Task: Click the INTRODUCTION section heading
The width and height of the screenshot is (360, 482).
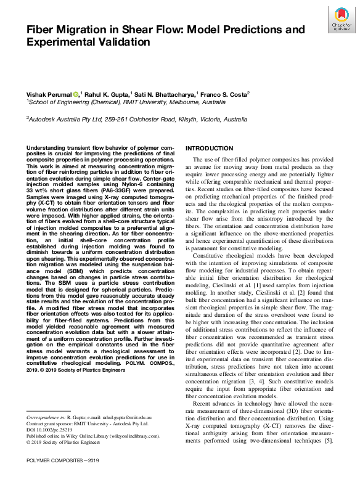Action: (210, 149)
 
